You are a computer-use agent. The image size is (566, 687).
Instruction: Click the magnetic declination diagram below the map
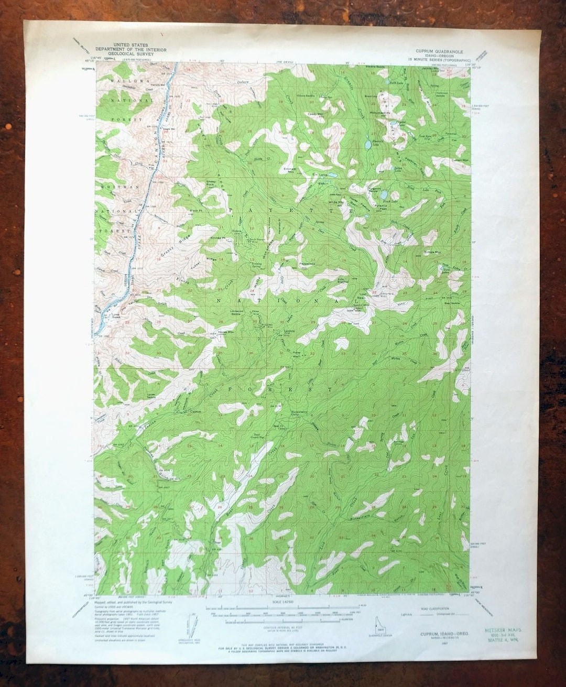click(193, 625)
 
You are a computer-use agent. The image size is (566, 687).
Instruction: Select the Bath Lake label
click(397, 82)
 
